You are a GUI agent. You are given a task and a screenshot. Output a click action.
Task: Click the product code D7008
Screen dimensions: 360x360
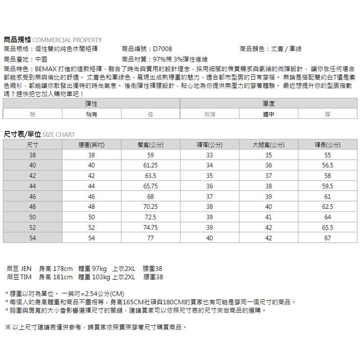pos(162,49)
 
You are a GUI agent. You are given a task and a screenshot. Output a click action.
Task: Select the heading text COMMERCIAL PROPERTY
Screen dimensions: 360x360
pos(67,40)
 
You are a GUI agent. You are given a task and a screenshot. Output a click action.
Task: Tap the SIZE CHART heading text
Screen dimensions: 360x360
pos(59,135)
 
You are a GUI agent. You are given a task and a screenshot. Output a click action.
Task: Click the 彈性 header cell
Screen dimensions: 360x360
pos(91,104)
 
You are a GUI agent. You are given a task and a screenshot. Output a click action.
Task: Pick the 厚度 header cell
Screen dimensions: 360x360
pos(269,104)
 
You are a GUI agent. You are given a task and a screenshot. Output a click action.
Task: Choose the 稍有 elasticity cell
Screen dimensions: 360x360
pos(91,114)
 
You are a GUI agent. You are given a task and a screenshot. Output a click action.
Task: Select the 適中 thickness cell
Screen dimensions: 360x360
pos(269,114)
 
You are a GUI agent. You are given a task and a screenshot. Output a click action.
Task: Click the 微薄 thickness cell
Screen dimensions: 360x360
pos(209,114)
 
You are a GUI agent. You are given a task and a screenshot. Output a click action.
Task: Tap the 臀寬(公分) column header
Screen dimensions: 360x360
pos(150,145)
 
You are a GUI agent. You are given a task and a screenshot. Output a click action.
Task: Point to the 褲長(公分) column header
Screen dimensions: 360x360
pos(327,145)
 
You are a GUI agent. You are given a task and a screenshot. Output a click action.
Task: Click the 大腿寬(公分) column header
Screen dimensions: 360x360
pos(268,145)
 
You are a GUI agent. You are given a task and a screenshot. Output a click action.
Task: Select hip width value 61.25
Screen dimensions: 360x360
pos(150,166)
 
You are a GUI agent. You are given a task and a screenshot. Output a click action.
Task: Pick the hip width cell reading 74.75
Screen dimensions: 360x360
pos(150,228)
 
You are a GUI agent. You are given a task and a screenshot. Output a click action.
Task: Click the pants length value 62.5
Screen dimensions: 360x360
pos(327,207)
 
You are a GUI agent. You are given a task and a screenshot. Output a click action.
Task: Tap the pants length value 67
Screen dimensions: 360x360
pos(327,238)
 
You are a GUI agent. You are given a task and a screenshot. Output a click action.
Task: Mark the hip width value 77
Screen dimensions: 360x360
pos(150,238)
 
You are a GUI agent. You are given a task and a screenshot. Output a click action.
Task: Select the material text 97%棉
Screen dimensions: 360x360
pos(163,59)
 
